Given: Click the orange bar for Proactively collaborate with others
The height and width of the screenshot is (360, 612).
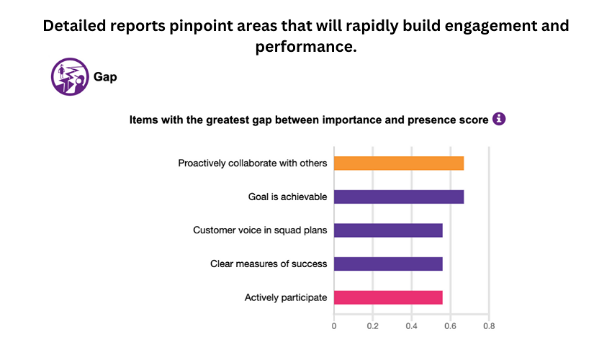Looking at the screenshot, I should coord(399,163).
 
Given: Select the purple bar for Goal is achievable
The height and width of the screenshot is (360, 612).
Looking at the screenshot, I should coord(399,197).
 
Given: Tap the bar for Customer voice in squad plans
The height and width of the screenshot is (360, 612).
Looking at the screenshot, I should coord(388,230).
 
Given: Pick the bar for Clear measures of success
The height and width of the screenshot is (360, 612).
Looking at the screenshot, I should coord(388,264).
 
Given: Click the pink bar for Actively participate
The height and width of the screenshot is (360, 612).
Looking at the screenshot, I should coord(388,297).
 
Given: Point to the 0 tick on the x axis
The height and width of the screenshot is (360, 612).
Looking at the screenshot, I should coord(334,326).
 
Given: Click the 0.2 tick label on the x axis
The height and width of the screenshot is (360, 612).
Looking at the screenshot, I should coord(372,326).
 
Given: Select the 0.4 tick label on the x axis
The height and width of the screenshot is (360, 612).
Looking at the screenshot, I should coord(411,326).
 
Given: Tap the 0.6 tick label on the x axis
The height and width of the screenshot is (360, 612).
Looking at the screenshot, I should coord(450,326).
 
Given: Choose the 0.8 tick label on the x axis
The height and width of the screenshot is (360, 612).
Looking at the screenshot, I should coord(488,326).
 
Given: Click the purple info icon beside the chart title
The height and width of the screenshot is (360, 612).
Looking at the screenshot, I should coord(499,119).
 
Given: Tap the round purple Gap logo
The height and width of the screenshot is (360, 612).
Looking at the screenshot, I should coord(70,77).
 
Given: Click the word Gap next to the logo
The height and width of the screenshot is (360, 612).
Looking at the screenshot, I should coord(105,77).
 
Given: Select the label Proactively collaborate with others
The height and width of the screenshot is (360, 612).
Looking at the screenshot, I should coord(253,163).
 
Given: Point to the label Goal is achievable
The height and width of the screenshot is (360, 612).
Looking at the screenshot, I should coord(287,197).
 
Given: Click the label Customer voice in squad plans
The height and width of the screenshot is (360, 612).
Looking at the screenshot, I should coord(260,230).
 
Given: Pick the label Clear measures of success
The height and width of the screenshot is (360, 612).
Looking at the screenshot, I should coord(269,264).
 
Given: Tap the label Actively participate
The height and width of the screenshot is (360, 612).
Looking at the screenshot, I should coord(286,297).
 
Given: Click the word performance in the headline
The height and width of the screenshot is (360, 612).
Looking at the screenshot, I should coord(302,48).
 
